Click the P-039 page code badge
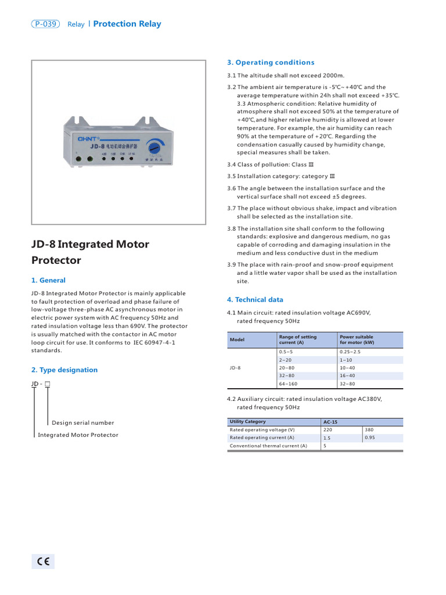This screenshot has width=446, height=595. (46, 24)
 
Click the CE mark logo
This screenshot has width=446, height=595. (43, 561)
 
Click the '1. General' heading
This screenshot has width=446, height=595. (48, 280)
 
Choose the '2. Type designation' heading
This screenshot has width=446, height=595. (64, 370)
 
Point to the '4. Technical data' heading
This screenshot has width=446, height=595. (255, 300)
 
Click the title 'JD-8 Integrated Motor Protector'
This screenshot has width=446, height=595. (90, 252)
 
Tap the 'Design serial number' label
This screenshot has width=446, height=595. (83, 422)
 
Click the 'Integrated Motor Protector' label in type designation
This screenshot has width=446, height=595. (78, 435)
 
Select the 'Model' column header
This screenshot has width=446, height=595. (236, 339)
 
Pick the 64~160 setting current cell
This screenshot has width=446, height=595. (288, 383)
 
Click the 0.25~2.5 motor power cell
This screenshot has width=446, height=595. (350, 352)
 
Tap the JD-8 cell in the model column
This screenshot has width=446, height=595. (235, 368)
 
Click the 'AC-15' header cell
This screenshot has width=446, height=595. (330, 421)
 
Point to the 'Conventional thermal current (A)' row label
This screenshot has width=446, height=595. (268, 446)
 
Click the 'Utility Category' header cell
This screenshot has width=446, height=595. (248, 421)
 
